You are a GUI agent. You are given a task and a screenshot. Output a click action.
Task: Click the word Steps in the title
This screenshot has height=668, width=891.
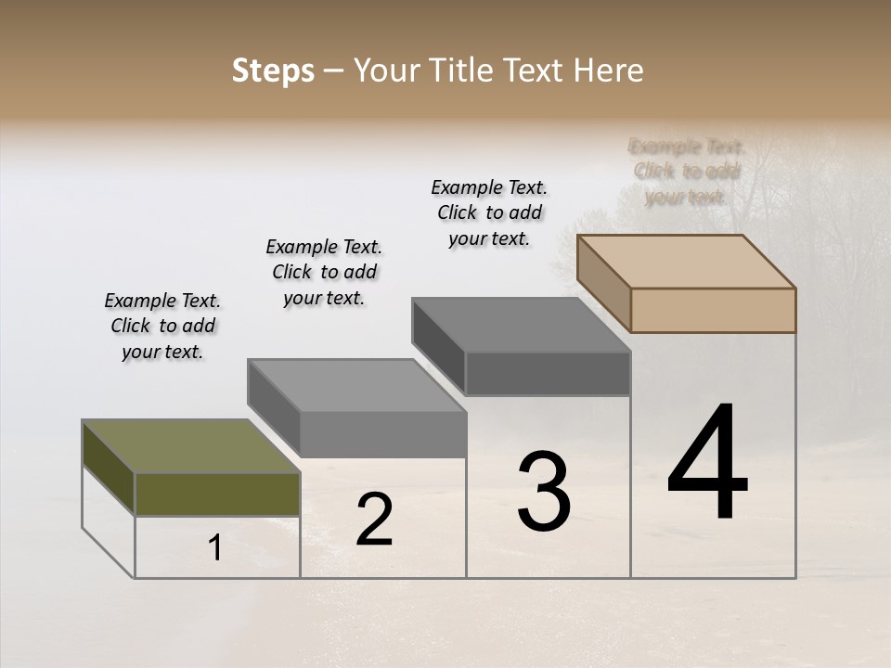point(273,71)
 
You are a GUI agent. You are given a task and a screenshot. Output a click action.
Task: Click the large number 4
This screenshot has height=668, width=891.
point(707,464)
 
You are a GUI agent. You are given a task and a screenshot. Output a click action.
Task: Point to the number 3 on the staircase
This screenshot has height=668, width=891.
point(544,492)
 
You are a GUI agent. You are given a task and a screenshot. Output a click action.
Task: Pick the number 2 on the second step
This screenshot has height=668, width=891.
point(374,520)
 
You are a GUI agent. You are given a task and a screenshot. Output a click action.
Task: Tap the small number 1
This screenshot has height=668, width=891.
point(215,548)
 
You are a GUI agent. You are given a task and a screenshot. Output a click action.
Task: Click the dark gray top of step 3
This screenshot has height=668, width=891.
point(521,324)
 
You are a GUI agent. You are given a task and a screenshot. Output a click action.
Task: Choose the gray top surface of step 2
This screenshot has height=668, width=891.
point(356,385)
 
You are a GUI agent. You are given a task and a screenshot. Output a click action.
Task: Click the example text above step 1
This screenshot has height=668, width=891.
point(162,326)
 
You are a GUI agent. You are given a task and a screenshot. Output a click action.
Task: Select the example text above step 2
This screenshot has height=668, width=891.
point(324,272)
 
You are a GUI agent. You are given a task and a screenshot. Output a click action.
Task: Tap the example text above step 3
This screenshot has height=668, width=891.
point(489,212)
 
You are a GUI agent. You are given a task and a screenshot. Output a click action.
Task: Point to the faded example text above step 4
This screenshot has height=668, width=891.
point(686,172)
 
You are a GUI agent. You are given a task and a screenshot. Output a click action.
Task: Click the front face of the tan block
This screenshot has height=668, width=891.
point(713,310)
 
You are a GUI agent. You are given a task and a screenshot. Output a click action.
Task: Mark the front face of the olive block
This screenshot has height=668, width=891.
point(217,494)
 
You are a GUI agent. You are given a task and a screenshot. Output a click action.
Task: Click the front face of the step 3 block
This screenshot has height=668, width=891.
point(548,373)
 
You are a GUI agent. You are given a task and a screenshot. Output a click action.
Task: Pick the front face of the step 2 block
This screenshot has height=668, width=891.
point(382,434)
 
